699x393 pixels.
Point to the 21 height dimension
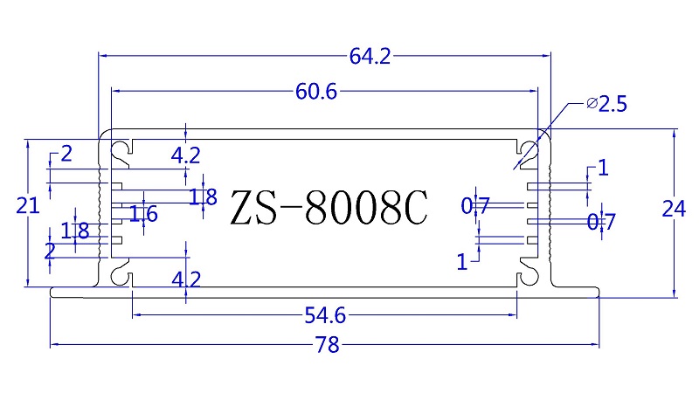[x=28, y=206]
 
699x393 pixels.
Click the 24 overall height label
[x=672, y=210]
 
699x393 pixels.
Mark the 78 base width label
[x=327, y=345]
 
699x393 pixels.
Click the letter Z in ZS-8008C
[x=244, y=208]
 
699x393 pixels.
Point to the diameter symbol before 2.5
[x=592, y=105]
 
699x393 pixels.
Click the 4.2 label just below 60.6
[x=186, y=155]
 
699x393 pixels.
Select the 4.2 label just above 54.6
[x=186, y=279]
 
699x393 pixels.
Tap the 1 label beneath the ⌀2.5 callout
[x=602, y=168]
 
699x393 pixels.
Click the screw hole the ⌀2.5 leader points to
[x=528, y=149]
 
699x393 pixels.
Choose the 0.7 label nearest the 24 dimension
[x=601, y=223]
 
